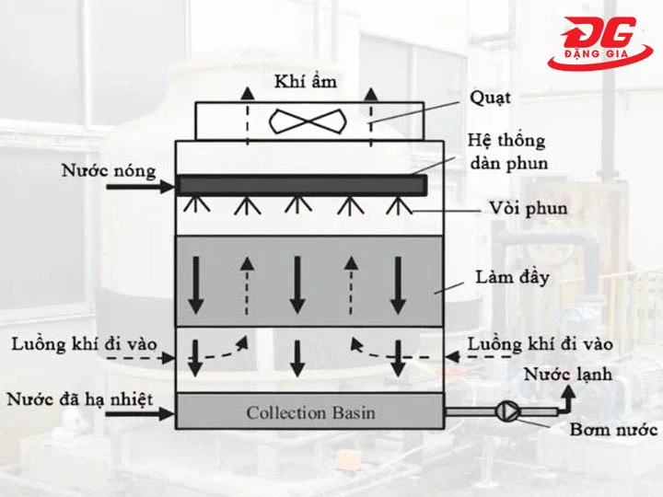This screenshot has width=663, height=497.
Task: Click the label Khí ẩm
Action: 306,81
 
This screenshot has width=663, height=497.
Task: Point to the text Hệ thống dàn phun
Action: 506,152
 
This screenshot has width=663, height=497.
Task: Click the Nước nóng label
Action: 109,171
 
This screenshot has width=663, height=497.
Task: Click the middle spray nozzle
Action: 295,202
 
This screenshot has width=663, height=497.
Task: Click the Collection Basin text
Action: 310,412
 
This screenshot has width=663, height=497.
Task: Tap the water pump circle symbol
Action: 506,411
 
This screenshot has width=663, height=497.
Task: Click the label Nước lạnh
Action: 567,375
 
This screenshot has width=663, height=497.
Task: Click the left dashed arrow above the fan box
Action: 246,115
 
